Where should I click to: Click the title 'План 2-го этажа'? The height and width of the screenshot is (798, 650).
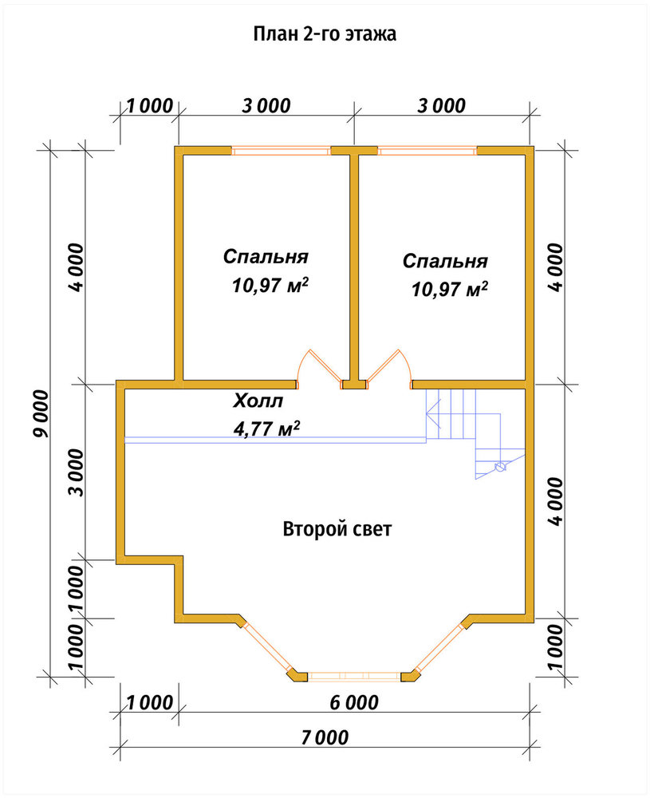pyautogui.click(x=325, y=34)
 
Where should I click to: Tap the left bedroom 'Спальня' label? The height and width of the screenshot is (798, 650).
pyautogui.click(x=266, y=256)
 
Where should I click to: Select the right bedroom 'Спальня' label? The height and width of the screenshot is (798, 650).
pyautogui.click(x=445, y=261)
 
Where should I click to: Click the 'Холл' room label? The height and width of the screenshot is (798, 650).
pyautogui.click(x=258, y=401)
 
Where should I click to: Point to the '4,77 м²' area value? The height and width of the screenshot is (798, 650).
pyautogui.click(x=266, y=428)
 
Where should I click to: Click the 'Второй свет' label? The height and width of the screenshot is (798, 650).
pyautogui.click(x=337, y=529)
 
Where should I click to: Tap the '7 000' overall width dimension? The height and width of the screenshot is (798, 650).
pyautogui.click(x=325, y=737)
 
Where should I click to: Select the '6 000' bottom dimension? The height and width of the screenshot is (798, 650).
pyautogui.click(x=354, y=703)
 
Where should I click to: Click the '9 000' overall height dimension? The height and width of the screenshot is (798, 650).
pyautogui.click(x=41, y=413)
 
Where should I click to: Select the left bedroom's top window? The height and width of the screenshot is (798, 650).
pyautogui.click(x=281, y=151)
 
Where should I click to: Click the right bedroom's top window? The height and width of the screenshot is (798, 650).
pyautogui.click(x=427, y=151)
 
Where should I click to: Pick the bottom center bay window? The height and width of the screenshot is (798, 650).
pyautogui.click(x=354, y=677)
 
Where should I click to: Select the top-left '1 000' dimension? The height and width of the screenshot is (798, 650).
pyautogui.click(x=150, y=106)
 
